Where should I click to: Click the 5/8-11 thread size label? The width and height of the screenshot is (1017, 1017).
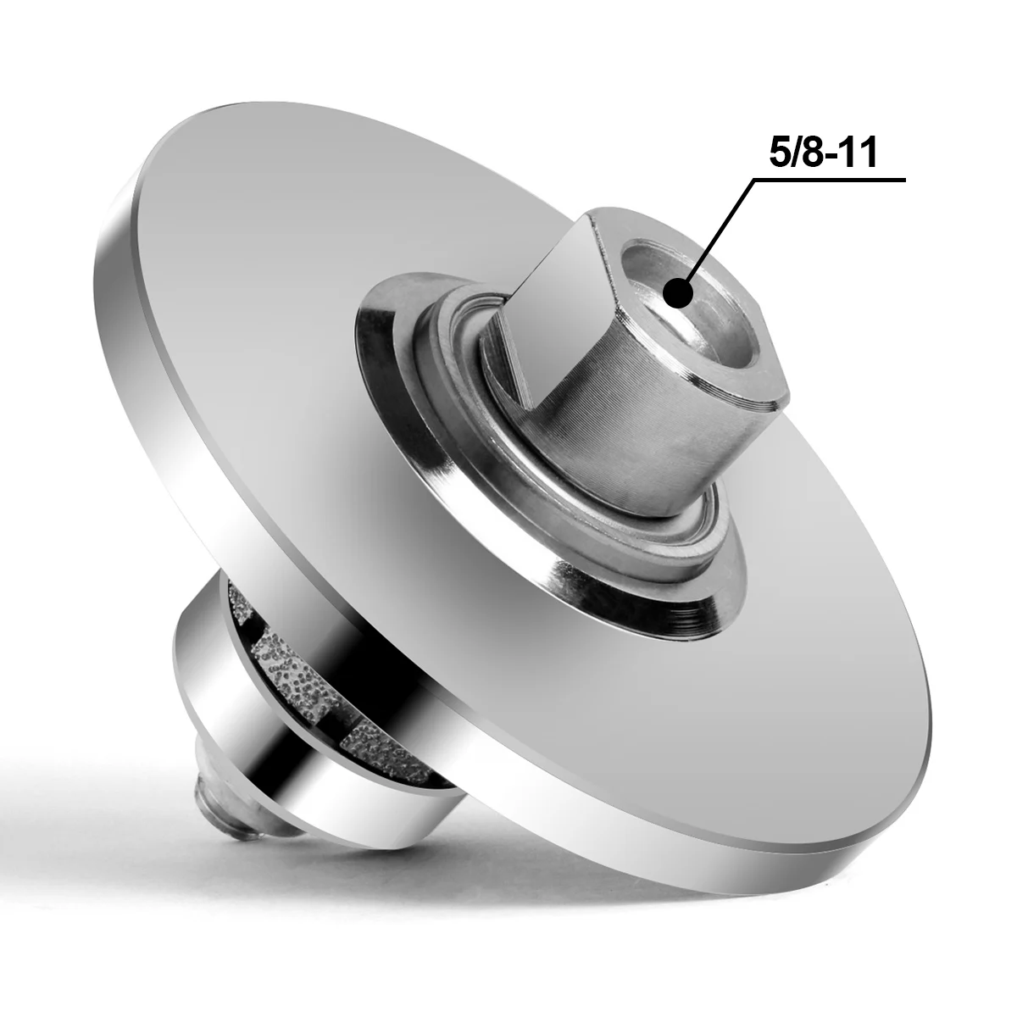pos(823,153)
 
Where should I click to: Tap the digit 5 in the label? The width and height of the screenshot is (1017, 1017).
pos(780,153)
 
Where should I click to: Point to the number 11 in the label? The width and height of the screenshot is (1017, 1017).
pos(863,153)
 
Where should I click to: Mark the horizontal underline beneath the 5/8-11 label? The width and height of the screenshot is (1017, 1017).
pos(830,181)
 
